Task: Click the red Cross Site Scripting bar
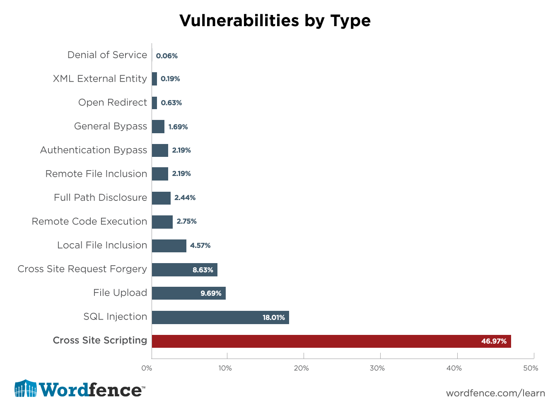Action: pos(331,341)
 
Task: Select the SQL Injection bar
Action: pos(220,317)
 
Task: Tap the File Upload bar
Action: pos(188,293)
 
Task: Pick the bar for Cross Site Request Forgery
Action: pos(184,270)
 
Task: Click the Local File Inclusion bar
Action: pos(169,246)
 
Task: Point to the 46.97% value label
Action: pos(494,341)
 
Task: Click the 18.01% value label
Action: pos(274,317)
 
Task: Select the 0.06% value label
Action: pos(167,56)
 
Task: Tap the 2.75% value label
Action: pos(186,222)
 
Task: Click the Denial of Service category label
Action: pos(107,55)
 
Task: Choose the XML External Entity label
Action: pos(100,79)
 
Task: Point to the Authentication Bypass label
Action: pos(94,150)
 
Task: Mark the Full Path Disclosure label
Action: pos(100,198)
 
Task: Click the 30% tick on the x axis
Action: pos(377,368)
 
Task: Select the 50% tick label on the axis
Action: pos(531,368)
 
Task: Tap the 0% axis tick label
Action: pos(147,368)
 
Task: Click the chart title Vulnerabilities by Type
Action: pos(275,20)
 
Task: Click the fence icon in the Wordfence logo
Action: pos(26,389)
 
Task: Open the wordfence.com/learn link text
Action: pos(495,393)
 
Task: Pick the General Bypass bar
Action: pos(158,127)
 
